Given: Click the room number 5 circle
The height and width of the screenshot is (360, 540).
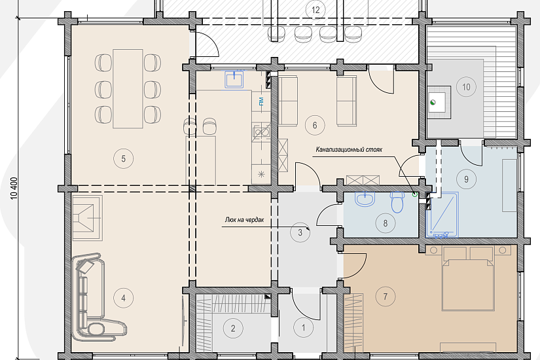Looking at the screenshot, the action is (x=123, y=158).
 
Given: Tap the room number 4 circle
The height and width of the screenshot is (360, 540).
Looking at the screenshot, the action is (x=123, y=298).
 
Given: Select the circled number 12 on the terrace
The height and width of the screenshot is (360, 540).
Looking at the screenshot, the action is (x=315, y=10).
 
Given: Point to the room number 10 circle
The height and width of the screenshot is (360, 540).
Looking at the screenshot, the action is (x=466, y=87).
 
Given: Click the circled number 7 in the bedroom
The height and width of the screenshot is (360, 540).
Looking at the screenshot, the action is (x=385, y=296).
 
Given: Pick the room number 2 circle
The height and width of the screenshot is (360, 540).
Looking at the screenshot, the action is (x=233, y=329).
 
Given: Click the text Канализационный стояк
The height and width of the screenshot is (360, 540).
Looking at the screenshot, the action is (x=349, y=149).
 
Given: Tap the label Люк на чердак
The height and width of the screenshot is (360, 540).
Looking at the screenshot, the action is (x=244, y=220).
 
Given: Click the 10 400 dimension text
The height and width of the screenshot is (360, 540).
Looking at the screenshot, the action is (x=14, y=189).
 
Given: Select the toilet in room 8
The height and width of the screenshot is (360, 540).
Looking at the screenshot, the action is (x=397, y=202).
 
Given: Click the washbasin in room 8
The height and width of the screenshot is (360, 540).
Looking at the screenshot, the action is (x=365, y=199).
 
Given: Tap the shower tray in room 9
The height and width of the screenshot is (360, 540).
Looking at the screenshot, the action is (x=442, y=215).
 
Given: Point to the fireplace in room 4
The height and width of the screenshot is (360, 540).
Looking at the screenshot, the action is (x=88, y=218).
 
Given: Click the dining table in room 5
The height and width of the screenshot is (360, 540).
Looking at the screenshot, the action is (x=128, y=88).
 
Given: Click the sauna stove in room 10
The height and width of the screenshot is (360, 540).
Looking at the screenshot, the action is (x=439, y=102).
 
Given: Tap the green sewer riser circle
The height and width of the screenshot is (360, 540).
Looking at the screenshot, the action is (x=415, y=194).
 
